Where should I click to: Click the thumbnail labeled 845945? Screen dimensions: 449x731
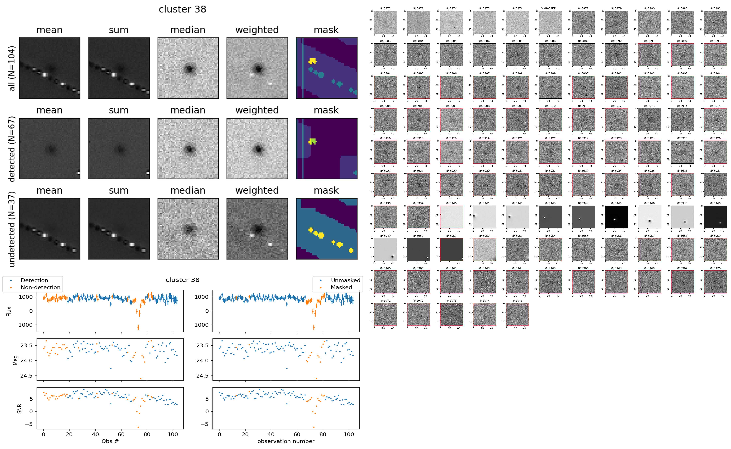pos(616,217)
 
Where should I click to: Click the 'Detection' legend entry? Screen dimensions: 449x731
pos(34,280)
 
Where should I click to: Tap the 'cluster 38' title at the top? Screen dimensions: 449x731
pos(182,9)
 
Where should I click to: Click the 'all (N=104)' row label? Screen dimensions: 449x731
pos(12,68)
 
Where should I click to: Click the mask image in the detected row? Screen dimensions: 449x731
pos(326,148)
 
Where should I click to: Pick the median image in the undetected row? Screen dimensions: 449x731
pos(188,229)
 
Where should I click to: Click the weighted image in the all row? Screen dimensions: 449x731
pos(257,68)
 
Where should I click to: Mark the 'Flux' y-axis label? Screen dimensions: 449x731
pos(9,311)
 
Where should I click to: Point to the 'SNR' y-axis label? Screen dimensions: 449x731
pos(19,409)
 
